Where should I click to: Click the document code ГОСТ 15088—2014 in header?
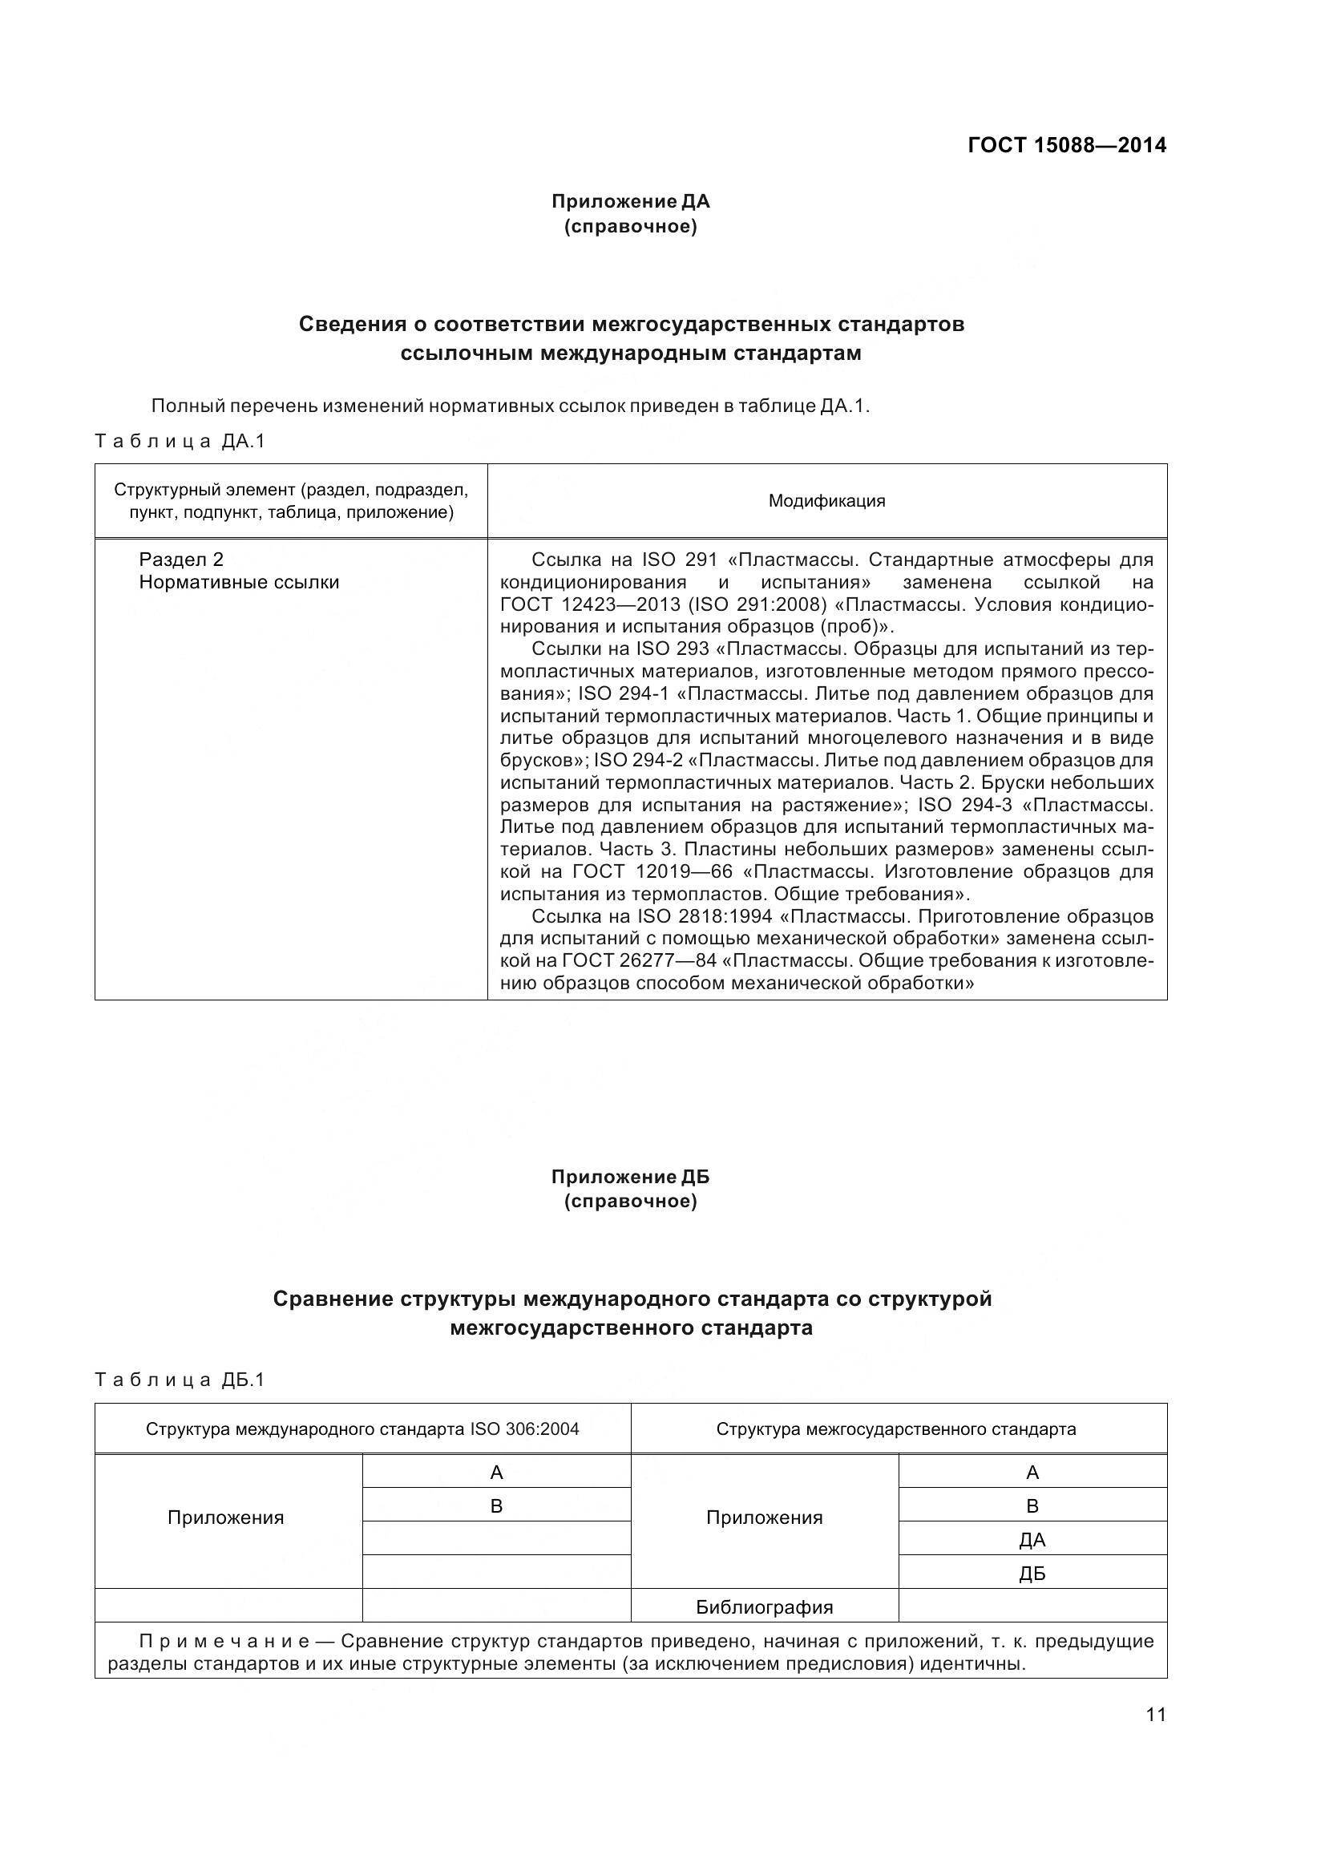[x=1066, y=145]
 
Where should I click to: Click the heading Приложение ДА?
[x=630, y=201]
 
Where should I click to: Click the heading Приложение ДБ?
[x=630, y=1177]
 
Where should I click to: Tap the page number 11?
[x=1156, y=1714]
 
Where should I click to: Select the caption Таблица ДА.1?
[x=180, y=442]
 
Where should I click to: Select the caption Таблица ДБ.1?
[x=180, y=1380]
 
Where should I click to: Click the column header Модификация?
[x=826, y=500]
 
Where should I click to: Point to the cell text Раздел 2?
[x=180, y=560]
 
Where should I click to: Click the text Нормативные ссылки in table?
[x=238, y=582]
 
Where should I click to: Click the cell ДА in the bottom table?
[x=1032, y=1540]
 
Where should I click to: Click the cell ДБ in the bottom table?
[x=1032, y=1574]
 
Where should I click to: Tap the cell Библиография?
[x=764, y=1607]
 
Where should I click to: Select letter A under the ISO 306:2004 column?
[x=496, y=1473]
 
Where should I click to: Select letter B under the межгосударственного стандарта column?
[x=1032, y=1506]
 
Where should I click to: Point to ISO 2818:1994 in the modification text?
[x=705, y=916]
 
